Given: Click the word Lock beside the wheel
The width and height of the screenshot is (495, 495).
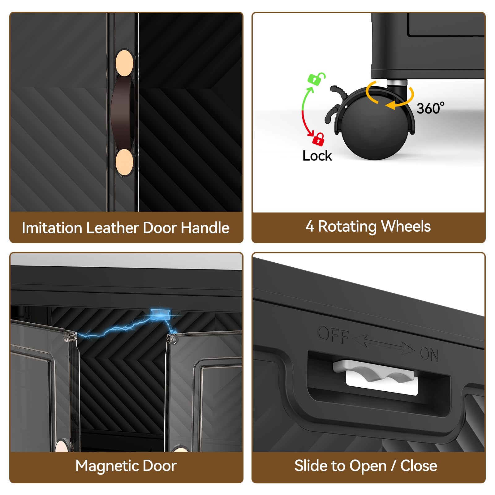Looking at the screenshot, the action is point(317,156).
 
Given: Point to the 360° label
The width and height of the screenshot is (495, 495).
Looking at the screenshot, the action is point(430,108).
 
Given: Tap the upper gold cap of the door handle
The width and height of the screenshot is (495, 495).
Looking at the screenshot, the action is point(124,63).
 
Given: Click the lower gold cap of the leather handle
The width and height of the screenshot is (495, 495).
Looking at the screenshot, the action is point(124,162).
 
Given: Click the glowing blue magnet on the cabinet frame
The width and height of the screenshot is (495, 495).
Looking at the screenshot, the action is point(161,314).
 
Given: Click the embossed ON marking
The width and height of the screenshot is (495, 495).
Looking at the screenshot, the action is point(429,354).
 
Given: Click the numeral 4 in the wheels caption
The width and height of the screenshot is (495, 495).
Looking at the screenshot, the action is point(310,226).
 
